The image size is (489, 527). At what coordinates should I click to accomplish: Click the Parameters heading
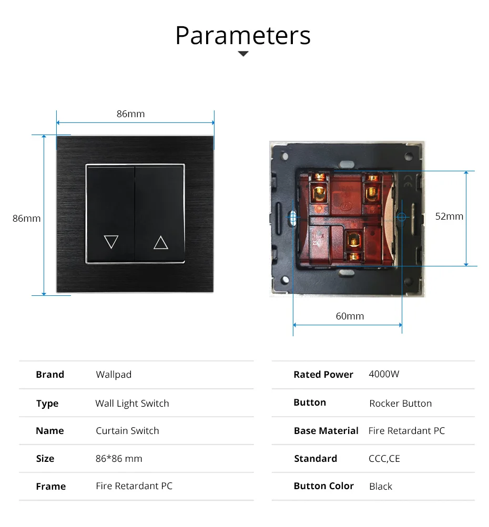click(x=243, y=35)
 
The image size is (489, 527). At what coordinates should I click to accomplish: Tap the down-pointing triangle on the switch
click(x=111, y=242)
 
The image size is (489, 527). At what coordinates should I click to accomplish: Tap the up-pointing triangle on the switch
click(x=160, y=242)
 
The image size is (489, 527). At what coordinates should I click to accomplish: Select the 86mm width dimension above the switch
click(x=130, y=114)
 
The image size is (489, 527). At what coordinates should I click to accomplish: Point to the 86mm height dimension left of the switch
click(x=26, y=218)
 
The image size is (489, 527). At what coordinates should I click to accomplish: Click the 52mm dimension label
click(x=449, y=216)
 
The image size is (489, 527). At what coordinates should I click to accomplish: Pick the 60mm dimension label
click(x=350, y=316)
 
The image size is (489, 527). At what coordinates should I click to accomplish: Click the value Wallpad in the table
click(x=114, y=375)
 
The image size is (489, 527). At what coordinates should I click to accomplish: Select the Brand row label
click(x=50, y=375)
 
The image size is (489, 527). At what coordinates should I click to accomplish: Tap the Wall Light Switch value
click(x=132, y=404)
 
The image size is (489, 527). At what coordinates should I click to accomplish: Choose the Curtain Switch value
click(x=127, y=431)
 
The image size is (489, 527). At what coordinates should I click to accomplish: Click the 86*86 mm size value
click(x=119, y=459)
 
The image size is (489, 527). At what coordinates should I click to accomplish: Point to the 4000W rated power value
click(x=384, y=374)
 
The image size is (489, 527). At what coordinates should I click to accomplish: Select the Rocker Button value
click(x=400, y=404)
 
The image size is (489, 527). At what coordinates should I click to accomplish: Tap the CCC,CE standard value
click(x=384, y=459)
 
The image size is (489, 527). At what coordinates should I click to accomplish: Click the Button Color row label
click(x=323, y=486)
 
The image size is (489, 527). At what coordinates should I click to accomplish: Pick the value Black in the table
click(x=380, y=487)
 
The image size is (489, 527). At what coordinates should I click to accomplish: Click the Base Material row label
click(x=326, y=431)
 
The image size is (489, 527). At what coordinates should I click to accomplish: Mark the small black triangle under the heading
click(x=243, y=54)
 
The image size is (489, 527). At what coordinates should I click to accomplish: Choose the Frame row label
click(x=51, y=487)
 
